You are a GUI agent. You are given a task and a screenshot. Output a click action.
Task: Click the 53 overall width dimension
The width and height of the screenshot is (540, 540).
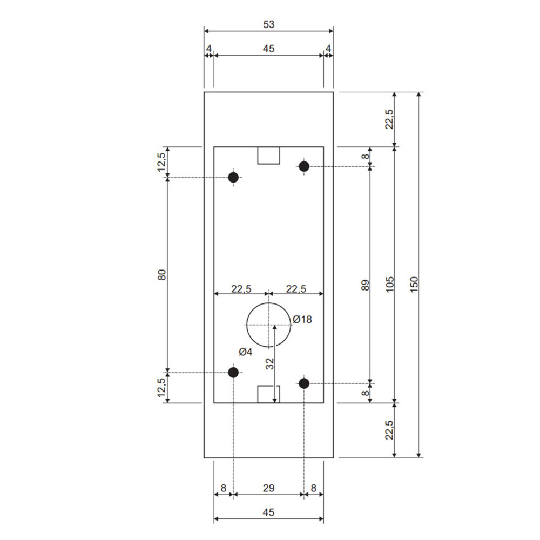[268, 24]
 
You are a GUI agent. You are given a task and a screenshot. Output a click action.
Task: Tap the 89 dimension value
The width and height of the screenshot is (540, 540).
[365, 285]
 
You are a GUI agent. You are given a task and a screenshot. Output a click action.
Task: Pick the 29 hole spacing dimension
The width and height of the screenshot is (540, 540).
[268, 488]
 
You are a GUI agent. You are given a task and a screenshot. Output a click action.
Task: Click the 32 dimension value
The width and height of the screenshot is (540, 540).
[269, 364]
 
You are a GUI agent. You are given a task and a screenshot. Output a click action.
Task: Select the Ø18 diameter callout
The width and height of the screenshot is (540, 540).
[302, 320]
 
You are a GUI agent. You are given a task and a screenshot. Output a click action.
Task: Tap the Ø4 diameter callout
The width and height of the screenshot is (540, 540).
[246, 352]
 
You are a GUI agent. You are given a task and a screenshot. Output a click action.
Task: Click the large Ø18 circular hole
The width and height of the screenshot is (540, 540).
[268, 325]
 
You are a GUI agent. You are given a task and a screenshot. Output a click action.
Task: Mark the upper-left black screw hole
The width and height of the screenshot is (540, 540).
[233, 177]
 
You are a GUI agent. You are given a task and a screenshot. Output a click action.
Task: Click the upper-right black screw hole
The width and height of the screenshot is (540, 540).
[303, 166]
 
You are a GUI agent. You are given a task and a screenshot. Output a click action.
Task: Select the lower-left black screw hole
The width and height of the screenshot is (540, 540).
[233, 372]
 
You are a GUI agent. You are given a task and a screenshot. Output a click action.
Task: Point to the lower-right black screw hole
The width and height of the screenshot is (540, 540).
[303, 383]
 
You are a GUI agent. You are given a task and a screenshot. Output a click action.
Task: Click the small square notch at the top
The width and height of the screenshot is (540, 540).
[268, 155]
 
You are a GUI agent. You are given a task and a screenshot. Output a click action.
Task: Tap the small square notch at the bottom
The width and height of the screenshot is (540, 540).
[268, 394]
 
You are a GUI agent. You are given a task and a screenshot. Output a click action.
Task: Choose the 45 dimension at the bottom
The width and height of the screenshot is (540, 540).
[268, 512]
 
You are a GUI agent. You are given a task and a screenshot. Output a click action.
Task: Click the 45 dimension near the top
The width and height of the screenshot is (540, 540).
[268, 49]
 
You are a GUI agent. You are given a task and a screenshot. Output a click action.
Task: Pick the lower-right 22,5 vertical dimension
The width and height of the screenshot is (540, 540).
[390, 430]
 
